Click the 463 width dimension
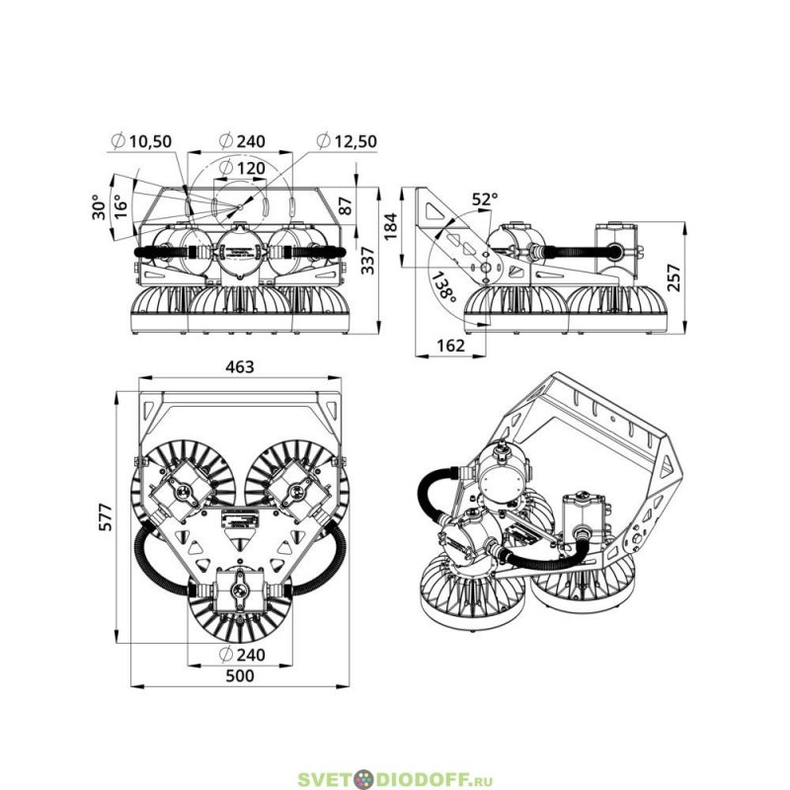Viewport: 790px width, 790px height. coord(239,366)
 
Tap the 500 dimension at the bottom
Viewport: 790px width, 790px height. coord(239,675)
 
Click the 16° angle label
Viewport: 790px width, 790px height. coord(119,205)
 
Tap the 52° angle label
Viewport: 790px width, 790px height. coord(484,199)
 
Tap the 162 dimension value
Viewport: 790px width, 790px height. coord(449,346)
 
